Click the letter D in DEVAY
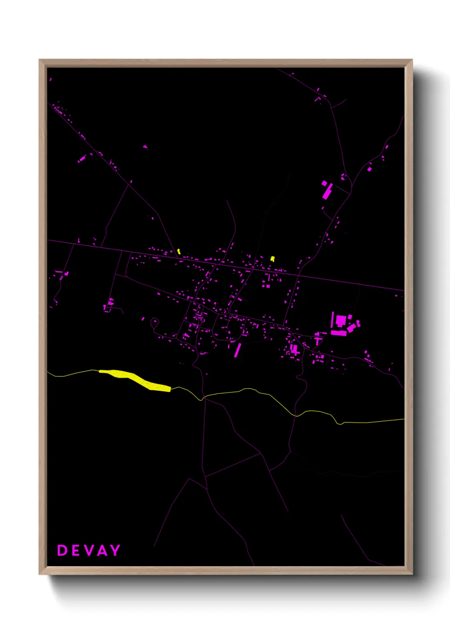click(62, 550)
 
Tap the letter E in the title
click(75, 550)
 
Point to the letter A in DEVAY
click(102, 550)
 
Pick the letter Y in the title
click(115, 550)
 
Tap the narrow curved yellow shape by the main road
click(179, 252)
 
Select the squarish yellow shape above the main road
click(273, 258)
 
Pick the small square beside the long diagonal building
click(324, 183)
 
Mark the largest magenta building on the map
click(341, 320)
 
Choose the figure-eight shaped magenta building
click(358, 324)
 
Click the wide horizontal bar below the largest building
click(339, 333)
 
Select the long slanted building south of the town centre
click(237, 350)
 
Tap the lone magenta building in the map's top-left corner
click(50, 79)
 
